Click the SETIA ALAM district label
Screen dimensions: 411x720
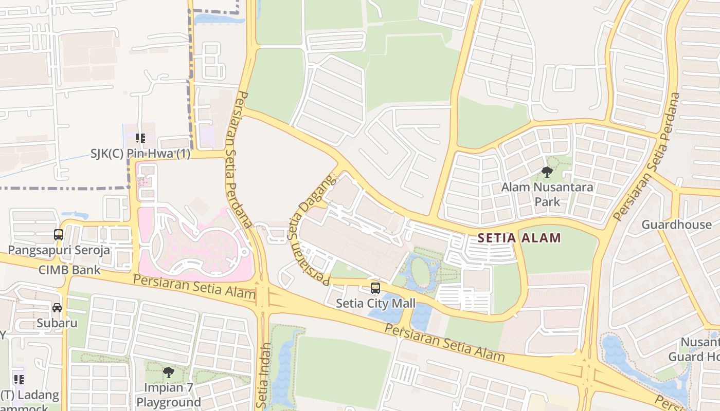(519, 238)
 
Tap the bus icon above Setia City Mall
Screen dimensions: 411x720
(375, 288)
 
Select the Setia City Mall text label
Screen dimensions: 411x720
(375, 303)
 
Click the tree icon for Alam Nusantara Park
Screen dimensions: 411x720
(547, 172)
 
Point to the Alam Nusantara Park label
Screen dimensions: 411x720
(547, 194)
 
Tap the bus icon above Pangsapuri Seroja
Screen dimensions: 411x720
(59, 235)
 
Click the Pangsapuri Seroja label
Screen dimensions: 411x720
(59, 250)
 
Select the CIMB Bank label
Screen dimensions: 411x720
(70, 270)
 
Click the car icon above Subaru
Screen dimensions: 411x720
(57, 308)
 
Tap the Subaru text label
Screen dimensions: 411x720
(57, 323)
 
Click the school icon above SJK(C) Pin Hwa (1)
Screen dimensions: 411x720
(140, 138)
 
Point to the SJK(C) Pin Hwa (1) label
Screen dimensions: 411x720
(140, 154)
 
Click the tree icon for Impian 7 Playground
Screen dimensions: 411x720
(168, 372)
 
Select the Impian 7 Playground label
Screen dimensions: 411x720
(168, 395)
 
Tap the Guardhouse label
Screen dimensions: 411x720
(676, 225)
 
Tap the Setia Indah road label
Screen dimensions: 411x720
(264, 375)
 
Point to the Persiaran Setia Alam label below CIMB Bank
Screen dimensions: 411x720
(194, 287)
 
